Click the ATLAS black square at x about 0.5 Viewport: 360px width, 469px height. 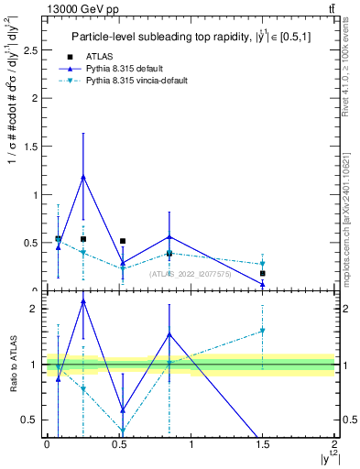click(x=123, y=241)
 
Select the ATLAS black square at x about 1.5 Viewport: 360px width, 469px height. click(x=262, y=273)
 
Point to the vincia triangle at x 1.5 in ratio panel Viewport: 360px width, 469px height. click(x=262, y=331)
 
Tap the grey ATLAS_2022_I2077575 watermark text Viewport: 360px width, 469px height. click(x=190, y=274)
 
